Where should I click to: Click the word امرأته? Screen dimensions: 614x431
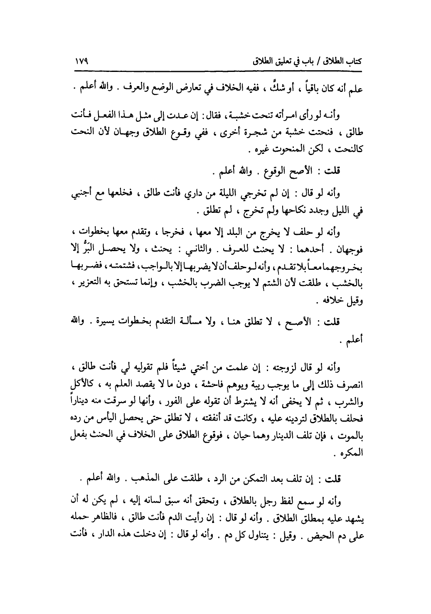(297, 113)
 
